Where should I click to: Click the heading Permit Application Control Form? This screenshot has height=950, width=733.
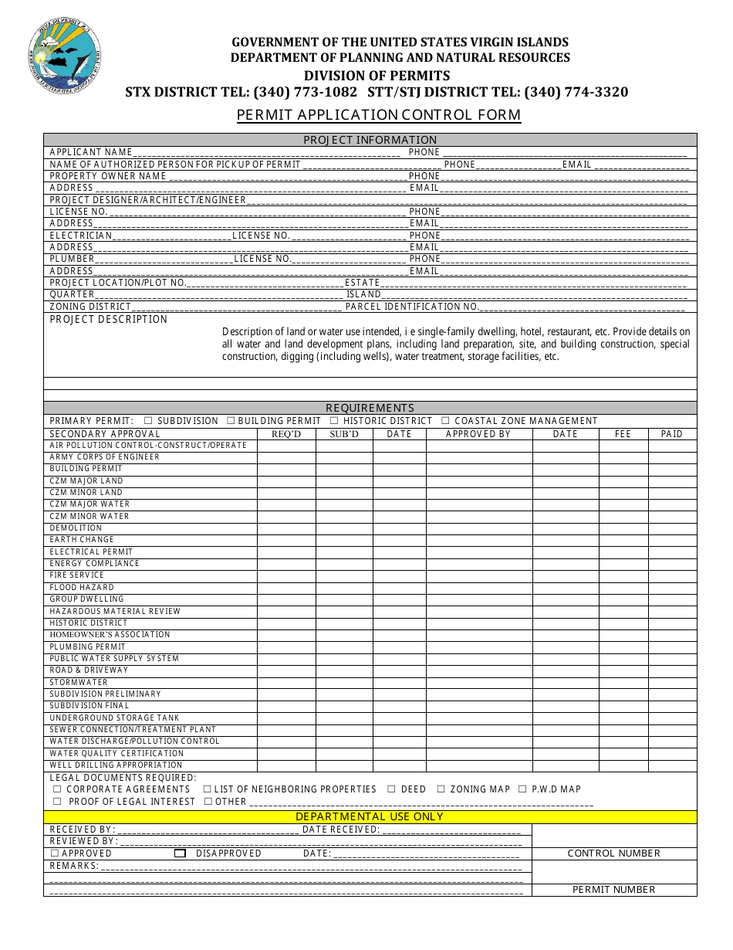point(378,115)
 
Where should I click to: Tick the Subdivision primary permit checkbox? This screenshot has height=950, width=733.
point(148,421)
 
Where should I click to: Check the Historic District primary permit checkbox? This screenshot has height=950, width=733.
point(334,421)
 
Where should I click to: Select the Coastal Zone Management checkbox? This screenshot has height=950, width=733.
point(445,421)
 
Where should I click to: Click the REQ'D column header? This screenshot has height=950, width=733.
point(286,434)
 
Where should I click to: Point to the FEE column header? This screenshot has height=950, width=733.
point(623,434)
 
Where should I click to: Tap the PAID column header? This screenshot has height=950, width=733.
point(672,434)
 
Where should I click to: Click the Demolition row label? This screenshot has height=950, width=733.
point(76,528)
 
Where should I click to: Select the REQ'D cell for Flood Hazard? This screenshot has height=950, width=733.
point(286,588)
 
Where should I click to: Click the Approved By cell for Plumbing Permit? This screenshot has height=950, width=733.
point(478,647)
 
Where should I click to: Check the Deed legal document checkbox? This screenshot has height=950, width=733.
point(391,789)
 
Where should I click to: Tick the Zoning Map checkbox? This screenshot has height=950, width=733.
point(441,789)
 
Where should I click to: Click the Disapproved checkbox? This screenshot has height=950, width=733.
point(180,853)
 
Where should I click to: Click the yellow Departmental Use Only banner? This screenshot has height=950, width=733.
point(370,816)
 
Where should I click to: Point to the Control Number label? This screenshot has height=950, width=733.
point(613,853)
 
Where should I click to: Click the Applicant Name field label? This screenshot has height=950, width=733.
point(91,152)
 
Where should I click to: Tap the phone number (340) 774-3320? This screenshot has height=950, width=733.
point(576,92)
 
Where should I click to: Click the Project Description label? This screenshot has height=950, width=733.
point(108,320)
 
